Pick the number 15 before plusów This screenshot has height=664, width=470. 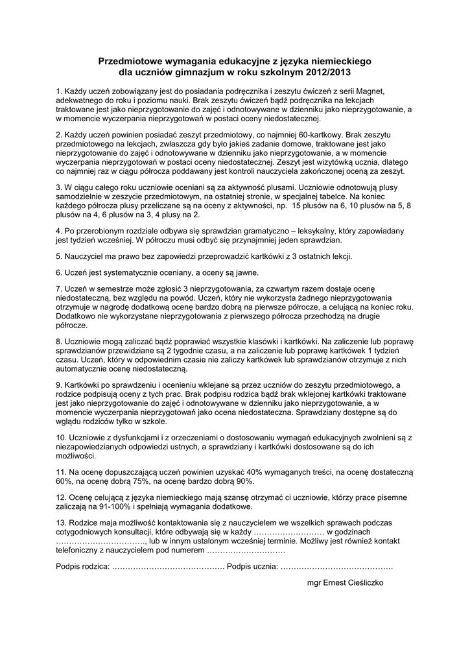[x=298, y=205]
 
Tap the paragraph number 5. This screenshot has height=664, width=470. [x=59, y=256]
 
